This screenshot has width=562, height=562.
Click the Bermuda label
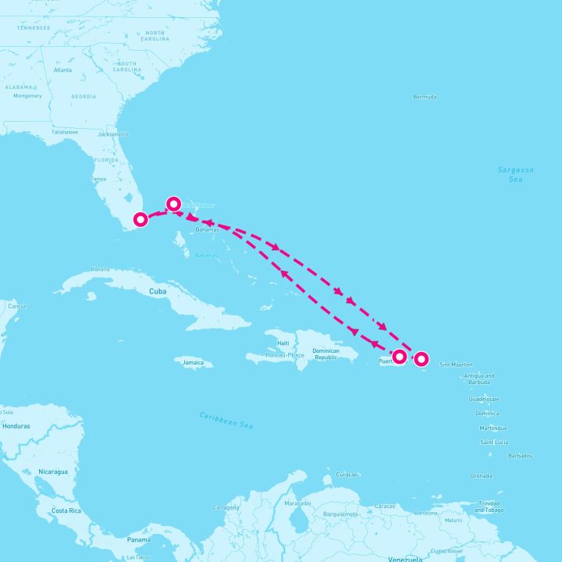[425, 97]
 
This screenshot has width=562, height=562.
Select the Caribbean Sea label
[226, 420]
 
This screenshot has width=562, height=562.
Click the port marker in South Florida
[140, 219]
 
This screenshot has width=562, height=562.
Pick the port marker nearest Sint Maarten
[421, 359]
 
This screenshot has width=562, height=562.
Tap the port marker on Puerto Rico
[400, 357]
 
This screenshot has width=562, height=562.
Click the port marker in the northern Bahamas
[173, 205]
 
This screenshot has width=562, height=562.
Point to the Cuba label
[158, 291]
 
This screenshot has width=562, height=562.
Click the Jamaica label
[193, 362]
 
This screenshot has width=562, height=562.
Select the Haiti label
[283, 343]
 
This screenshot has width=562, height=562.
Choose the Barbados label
[520, 455]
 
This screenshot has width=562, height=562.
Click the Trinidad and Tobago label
[489, 507]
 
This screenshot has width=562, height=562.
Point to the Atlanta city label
[62, 69]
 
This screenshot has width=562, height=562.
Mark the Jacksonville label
[113, 134]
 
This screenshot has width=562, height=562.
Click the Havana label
[100, 269]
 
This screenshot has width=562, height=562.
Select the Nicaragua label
[53, 471]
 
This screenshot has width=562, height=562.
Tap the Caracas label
[384, 506]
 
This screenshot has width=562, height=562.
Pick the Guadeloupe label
[484, 399]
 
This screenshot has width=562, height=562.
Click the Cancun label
[17, 306]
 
